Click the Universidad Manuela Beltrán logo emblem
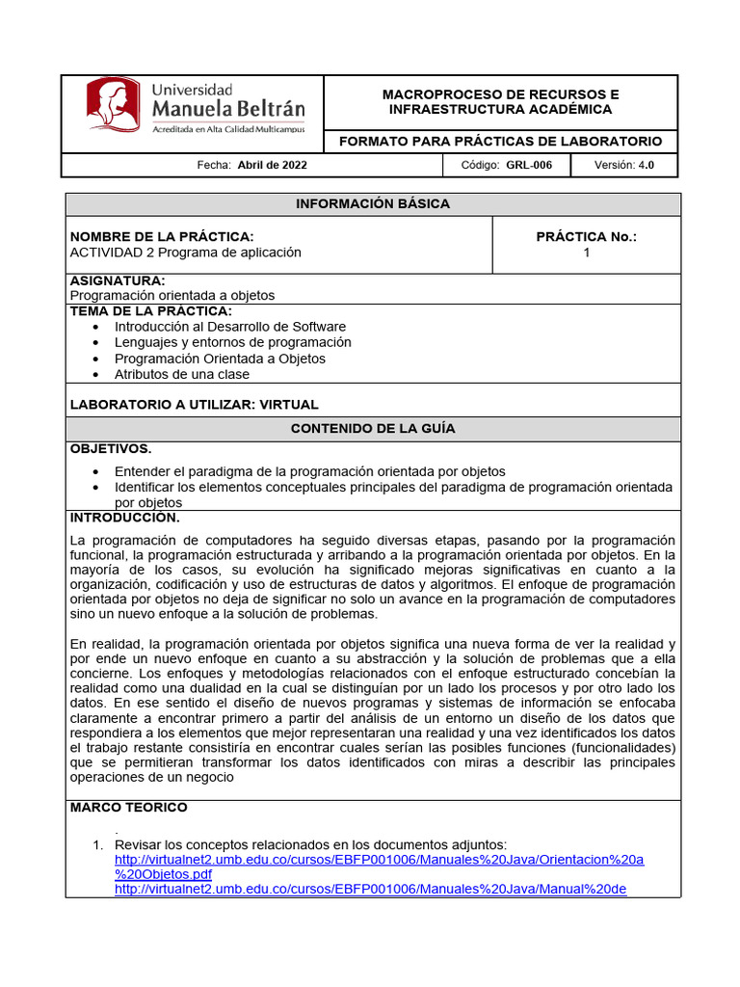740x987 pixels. coord(112,104)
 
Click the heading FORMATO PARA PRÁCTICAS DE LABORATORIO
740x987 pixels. coord(500,142)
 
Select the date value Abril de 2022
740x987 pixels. coord(272,166)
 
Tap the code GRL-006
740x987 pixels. coord(529,166)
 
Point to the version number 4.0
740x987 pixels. coord(646,166)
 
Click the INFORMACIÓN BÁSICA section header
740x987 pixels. coord(372,204)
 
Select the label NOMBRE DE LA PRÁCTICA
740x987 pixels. coord(162,237)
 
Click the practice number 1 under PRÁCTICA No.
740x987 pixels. coord(586,253)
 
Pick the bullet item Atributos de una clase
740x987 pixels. coord(181,374)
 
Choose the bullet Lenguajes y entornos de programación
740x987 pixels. coord(232,342)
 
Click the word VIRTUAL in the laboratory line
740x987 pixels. coord(284,405)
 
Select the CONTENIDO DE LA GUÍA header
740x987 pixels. coord(372,429)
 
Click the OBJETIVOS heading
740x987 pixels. coord(111,449)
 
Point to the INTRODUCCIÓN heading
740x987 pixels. coord(125,518)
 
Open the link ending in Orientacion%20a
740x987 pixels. coord(379,860)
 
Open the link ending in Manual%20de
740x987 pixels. coord(370,889)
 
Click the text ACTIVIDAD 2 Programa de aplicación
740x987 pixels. coord(186,253)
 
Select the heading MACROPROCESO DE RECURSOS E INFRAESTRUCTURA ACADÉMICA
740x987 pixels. coord(500,102)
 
